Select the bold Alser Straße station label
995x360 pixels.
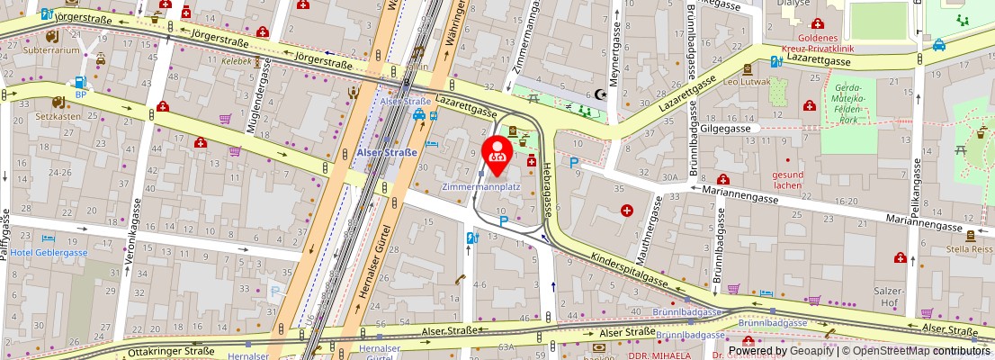point(388,153)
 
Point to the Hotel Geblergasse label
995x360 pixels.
point(49,253)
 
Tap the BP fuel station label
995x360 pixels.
point(81,94)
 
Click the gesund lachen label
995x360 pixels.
point(787,180)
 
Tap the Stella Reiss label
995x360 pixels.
point(969,247)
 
